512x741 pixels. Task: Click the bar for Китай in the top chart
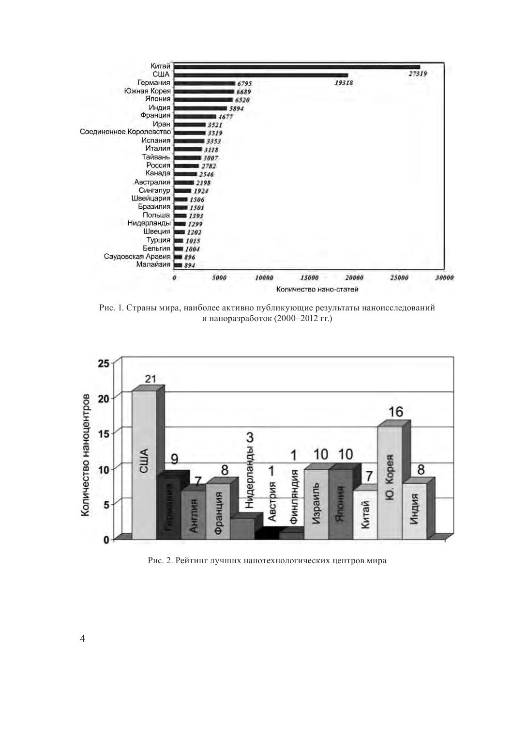pos(297,67)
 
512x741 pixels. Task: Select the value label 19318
pos(344,83)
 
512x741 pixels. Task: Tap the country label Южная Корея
pos(147,91)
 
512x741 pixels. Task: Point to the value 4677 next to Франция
pos(226,117)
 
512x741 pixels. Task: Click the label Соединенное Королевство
pos(125,132)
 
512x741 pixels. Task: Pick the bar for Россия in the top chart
pos(186,166)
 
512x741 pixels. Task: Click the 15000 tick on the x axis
pos(309,278)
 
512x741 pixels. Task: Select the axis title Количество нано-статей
pos(317,290)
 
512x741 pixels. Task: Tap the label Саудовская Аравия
pos(137,257)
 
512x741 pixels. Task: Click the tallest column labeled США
pos(144,465)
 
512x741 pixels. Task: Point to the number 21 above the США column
pos(150,379)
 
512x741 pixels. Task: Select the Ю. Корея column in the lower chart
pos(390,482)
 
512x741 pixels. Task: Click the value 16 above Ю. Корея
pos(395,412)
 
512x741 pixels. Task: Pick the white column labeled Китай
pos(365,515)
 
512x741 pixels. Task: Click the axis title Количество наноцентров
pos(86,455)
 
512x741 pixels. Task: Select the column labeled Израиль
pos(316,504)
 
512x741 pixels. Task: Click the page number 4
pos(82,639)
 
